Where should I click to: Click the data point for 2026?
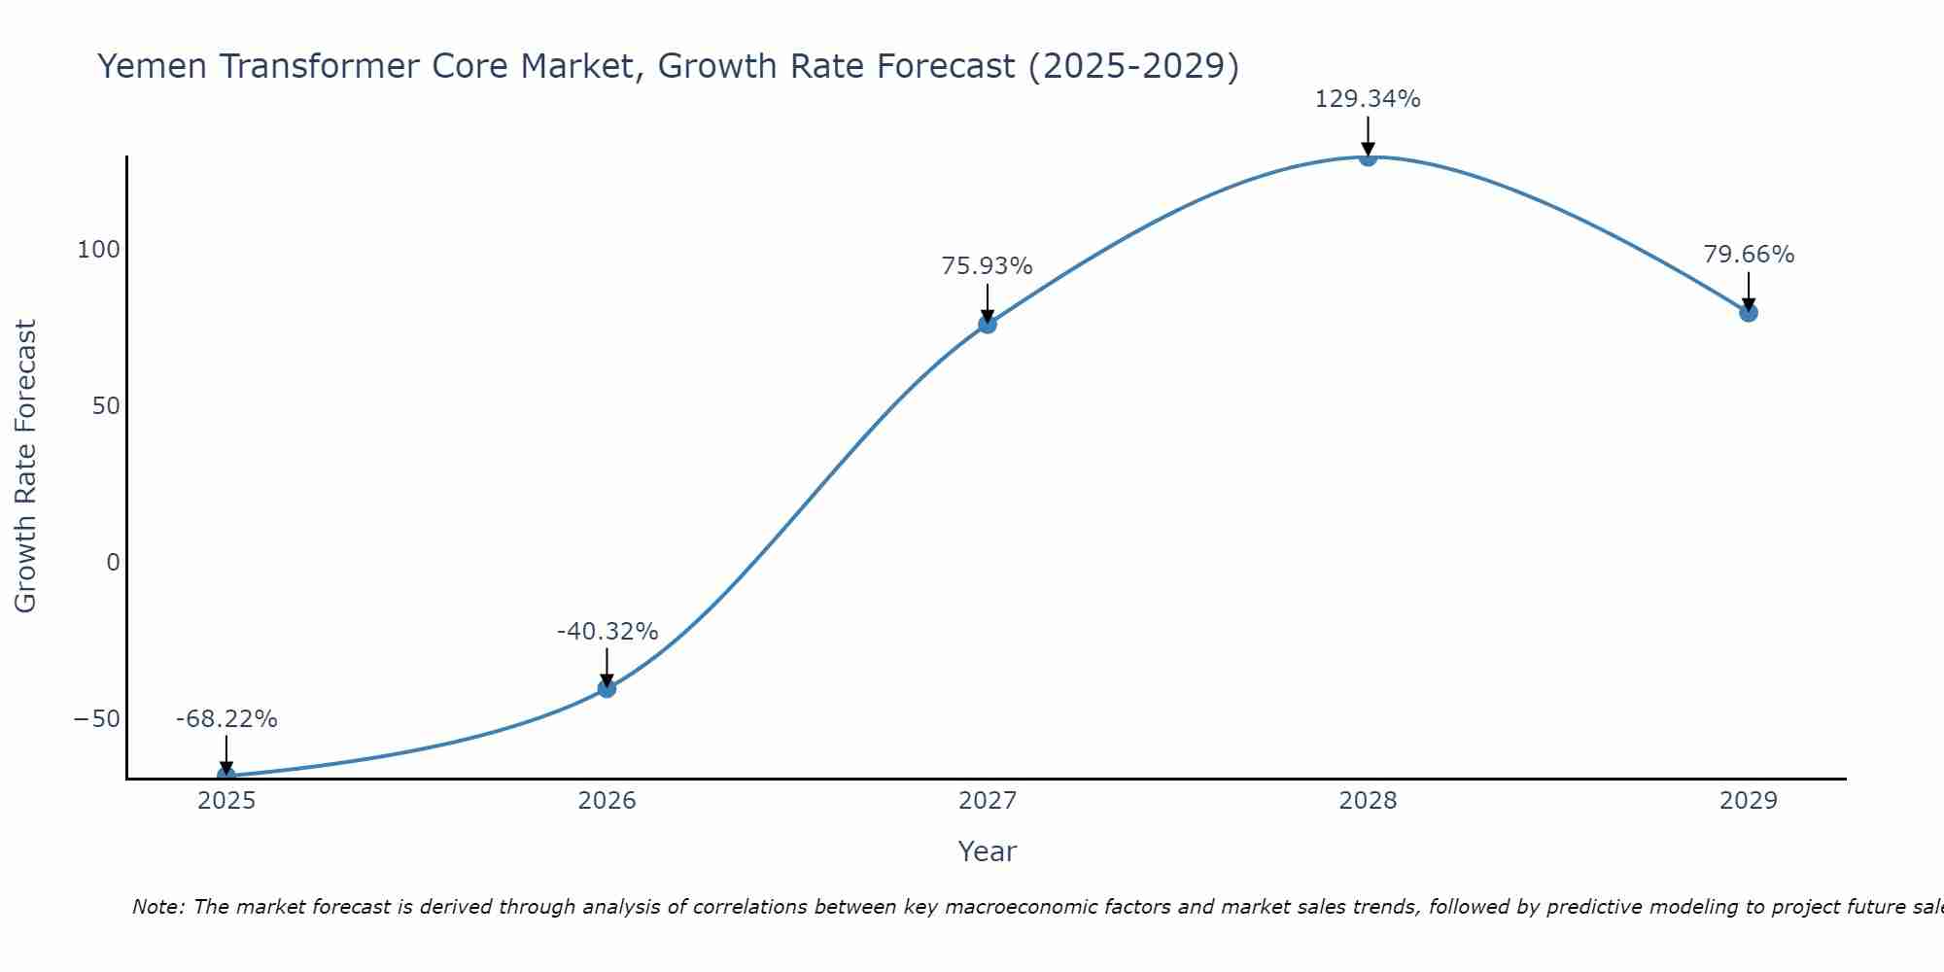pos(607,688)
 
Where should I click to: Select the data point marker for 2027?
pos(988,324)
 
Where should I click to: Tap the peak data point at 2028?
pos(1368,156)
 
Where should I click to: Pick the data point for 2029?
pos(1749,312)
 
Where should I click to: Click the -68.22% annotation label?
pos(226,719)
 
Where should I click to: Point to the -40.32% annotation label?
pos(607,632)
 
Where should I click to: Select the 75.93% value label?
pos(987,266)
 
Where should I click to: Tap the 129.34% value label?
pos(1368,99)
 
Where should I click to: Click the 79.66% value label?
pos(1749,255)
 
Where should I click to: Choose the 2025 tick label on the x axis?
pos(226,801)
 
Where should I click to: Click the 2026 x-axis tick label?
pos(607,801)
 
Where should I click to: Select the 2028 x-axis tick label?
pos(1368,801)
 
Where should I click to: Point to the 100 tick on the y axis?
pos(99,250)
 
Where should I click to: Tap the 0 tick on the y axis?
pos(113,562)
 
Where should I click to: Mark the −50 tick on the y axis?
pos(97,719)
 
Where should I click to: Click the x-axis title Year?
pos(987,851)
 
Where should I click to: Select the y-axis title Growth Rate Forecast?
pos(26,467)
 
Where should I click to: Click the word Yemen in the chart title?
pos(152,66)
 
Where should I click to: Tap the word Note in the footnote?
pos(156,907)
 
